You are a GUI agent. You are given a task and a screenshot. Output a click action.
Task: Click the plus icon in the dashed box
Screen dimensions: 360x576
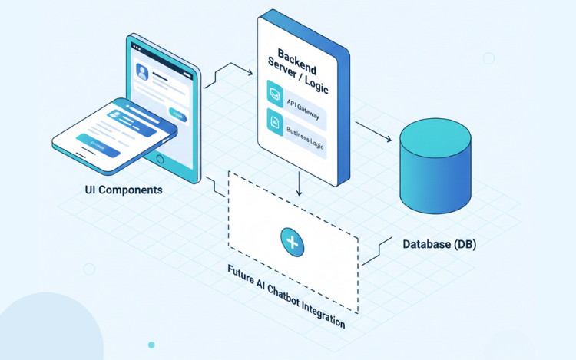[x=292, y=241]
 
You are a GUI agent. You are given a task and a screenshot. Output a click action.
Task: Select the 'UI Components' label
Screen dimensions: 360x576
[x=124, y=190]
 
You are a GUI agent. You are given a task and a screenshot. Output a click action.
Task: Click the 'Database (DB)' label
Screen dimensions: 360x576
[x=439, y=244]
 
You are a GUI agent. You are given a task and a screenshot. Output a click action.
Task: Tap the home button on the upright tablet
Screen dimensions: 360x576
[x=160, y=160]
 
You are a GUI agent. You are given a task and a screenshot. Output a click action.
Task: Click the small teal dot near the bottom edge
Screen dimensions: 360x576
[x=151, y=345]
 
